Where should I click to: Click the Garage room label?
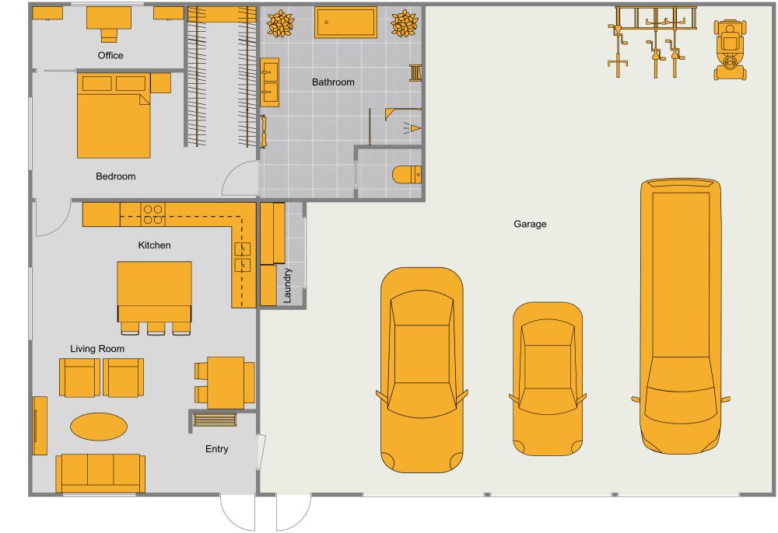click(530, 224)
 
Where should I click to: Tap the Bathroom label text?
click(333, 82)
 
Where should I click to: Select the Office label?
click(110, 55)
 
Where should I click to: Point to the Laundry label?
click(287, 285)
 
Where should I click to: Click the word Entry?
click(217, 448)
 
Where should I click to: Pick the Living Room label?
click(97, 349)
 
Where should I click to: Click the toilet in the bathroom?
click(406, 174)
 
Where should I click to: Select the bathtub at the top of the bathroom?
click(345, 23)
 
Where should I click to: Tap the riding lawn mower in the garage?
click(730, 51)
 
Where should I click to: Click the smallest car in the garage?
click(548, 378)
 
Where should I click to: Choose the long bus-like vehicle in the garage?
click(681, 315)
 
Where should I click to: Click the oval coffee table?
click(99, 426)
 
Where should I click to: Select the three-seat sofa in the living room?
click(100, 472)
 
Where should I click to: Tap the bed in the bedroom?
click(114, 116)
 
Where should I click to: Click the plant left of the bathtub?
click(280, 24)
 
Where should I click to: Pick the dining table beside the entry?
click(226, 382)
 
